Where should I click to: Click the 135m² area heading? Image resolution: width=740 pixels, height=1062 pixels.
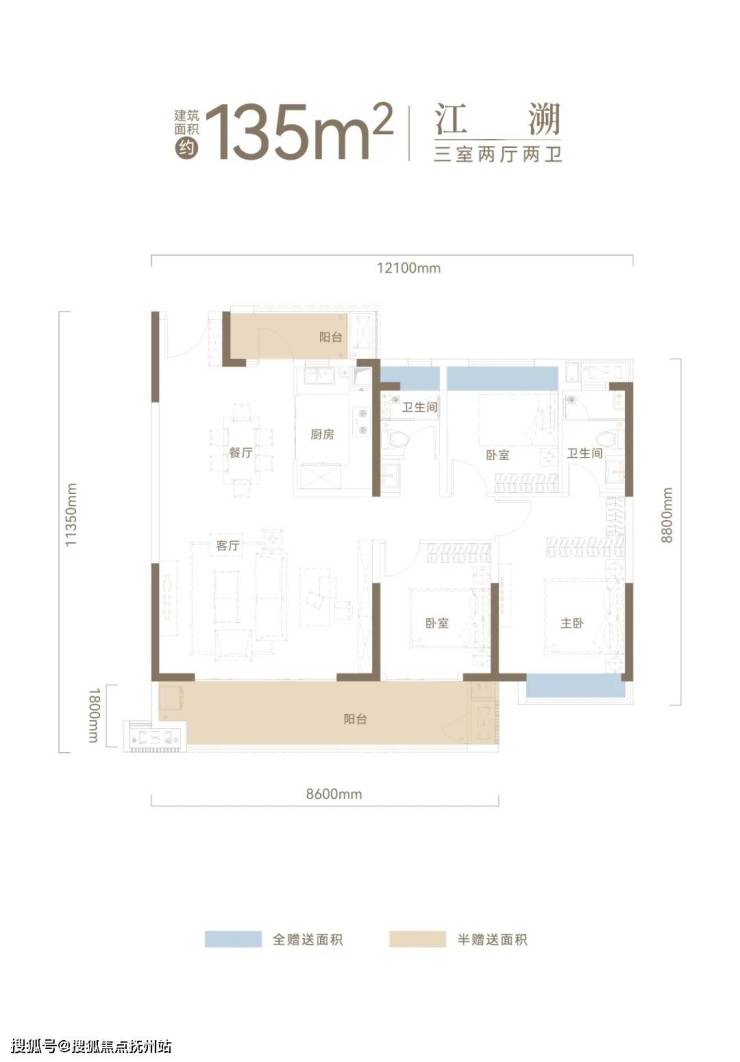pos(299,133)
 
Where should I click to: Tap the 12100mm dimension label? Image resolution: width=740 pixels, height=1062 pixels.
pos(408,268)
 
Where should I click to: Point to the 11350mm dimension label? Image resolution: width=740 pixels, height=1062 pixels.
pos(71,515)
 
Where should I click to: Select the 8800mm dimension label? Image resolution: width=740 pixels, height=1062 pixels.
pos(667,515)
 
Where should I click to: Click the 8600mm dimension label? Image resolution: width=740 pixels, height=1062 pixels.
pos(334,794)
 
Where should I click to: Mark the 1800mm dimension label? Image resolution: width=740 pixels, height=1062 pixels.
pos(94,715)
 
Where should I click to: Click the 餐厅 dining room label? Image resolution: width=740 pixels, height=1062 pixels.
pos(241,452)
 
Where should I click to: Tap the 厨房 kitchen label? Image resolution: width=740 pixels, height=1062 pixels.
pos(322,434)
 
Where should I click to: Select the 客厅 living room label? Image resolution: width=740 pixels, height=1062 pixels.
pos(228,545)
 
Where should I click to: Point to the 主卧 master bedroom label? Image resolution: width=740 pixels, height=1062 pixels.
pos(571,622)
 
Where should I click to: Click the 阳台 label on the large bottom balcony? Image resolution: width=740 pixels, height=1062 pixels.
pos(355,719)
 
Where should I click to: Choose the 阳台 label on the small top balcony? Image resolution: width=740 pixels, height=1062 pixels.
pos(330,337)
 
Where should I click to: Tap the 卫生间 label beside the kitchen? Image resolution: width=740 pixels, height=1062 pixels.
pos(420,407)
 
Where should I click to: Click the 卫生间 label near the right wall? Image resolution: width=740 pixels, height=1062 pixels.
pos(584,452)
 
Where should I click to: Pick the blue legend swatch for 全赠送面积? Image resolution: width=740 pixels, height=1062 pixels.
pos(233,939)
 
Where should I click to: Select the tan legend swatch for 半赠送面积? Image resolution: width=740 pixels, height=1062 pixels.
pos(417,939)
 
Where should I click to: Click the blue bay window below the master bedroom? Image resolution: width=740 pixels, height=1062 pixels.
pos(575,685)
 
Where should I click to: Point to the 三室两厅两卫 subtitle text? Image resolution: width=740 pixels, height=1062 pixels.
pos(498,154)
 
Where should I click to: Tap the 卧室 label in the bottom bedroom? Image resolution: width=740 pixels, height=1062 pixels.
pos(437,622)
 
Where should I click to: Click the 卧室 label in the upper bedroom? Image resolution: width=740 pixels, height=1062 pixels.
pos(498,455)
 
